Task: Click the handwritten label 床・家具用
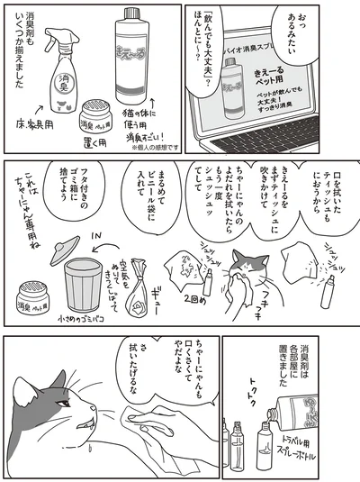(x=41, y=145)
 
